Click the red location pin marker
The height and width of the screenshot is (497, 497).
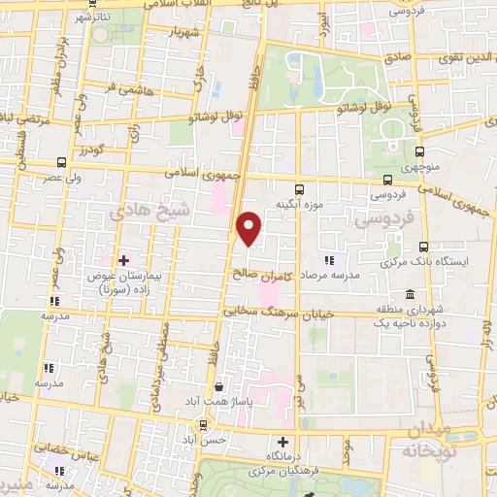(x=249, y=227)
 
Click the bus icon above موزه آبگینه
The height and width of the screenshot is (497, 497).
(x=298, y=190)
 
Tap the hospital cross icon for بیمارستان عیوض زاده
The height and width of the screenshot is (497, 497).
(x=123, y=260)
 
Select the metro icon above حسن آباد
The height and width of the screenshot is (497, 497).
(x=202, y=424)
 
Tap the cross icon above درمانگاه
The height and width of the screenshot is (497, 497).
(x=282, y=442)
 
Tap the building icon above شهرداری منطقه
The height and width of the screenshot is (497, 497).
(x=410, y=294)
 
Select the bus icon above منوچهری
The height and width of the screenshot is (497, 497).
(x=419, y=151)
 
